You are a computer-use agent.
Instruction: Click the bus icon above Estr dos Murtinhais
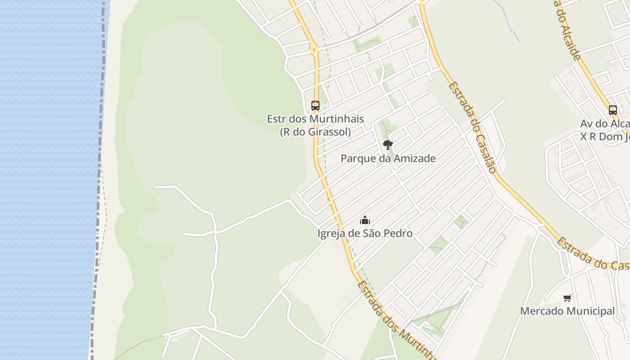[315, 106]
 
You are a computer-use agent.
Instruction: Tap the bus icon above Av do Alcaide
[612, 110]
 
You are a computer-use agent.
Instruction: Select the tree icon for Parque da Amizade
[387, 144]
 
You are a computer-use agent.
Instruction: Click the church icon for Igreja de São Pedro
[364, 220]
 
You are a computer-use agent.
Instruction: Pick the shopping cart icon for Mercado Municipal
[567, 298]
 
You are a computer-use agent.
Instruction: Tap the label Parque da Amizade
[388, 158]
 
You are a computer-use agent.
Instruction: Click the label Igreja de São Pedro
[364, 234]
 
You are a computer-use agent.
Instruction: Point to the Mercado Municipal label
[567, 311]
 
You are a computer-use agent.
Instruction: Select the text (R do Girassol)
[315, 132]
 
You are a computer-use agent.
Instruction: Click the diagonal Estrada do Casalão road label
[472, 127]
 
